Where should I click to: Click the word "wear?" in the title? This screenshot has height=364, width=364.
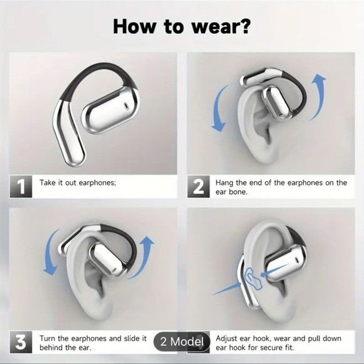point(221,27)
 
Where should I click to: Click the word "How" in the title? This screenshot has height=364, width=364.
point(134,26)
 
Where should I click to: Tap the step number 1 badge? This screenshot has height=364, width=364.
point(21,186)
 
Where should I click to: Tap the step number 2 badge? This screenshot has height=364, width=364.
point(198,186)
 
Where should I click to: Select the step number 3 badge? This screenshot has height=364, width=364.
point(21,342)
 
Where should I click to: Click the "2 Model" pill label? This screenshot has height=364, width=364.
point(182,341)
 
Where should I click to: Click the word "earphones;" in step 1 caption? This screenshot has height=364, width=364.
point(97,183)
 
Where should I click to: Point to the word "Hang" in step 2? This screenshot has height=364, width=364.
point(225,183)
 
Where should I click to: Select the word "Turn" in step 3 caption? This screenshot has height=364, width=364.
point(48,338)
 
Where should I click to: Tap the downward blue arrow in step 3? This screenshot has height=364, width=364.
point(49,253)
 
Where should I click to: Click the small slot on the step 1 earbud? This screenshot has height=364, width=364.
point(126,105)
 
